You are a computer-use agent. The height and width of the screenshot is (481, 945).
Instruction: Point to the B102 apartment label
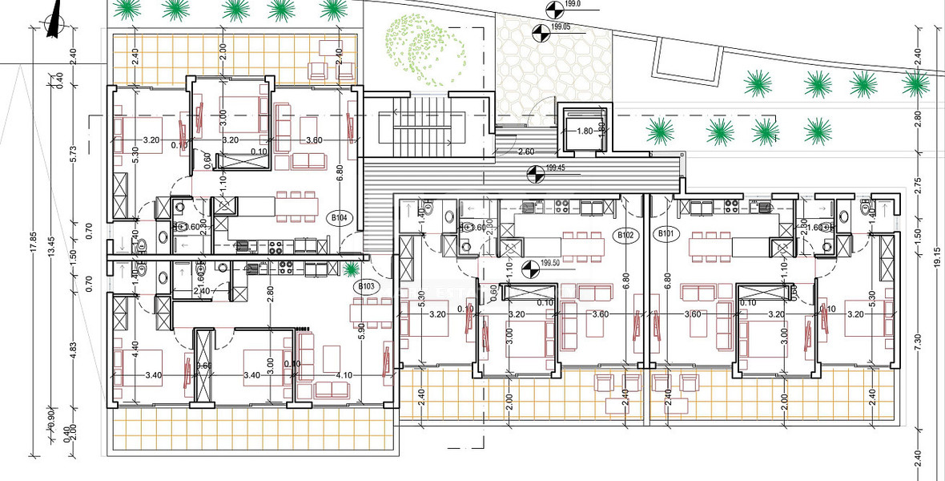tap(625, 235)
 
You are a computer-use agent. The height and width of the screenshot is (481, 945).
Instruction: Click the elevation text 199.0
tap(572, 5)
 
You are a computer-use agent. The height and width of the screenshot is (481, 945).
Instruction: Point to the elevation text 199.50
tap(549, 261)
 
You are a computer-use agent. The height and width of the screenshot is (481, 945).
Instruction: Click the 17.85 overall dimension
tap(33, 242)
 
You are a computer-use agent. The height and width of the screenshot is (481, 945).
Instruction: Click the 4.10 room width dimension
tap(345, 375)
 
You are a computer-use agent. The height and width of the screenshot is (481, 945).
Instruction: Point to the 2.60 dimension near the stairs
tap(526, 152)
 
